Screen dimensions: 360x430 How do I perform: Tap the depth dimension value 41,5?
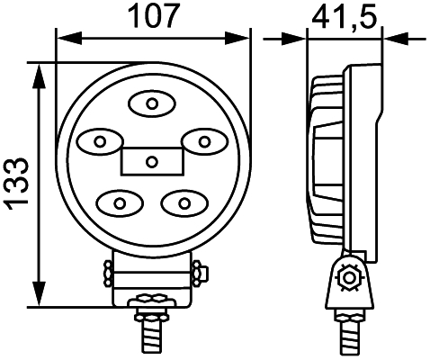coord(345,15)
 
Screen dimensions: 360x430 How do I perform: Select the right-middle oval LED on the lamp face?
coord(204,141)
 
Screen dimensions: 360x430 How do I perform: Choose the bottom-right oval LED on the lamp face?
coord(184,201)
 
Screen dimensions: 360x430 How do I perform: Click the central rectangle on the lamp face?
coord(151,161)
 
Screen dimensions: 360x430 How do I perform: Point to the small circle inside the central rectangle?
coord(151,162)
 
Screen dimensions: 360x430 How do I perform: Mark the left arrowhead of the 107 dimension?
coord(64,38)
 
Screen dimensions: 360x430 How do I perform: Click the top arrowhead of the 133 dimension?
coord(39,71)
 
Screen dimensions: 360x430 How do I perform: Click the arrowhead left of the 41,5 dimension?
coord(297,38)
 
